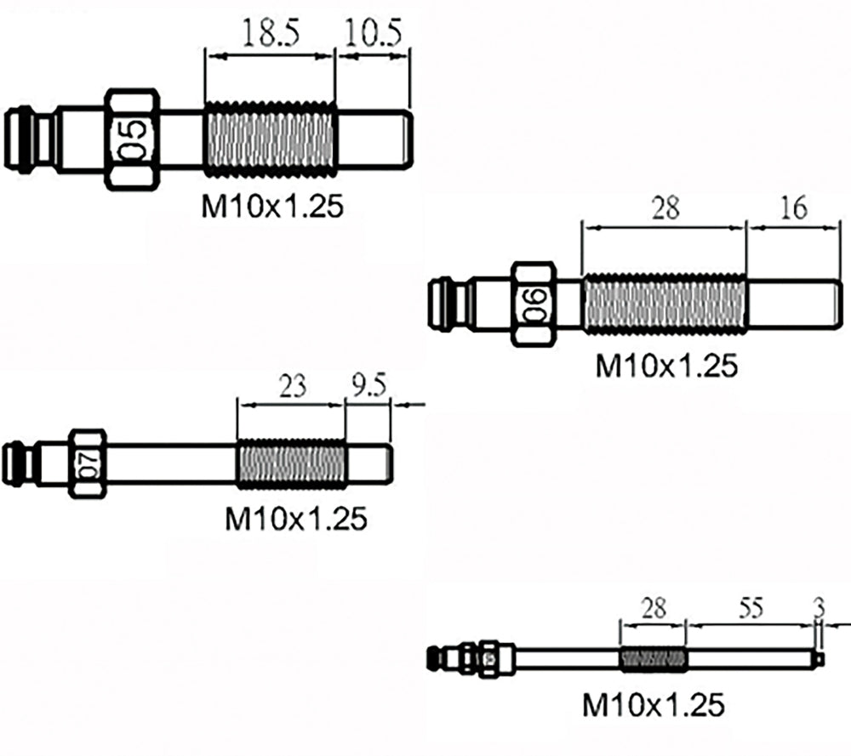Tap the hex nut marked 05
(x=132, y=139)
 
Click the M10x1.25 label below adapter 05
(x=272, y=207)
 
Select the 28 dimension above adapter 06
(x=665, y=207)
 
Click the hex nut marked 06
(x=534, y=304)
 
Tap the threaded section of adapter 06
(x=664, y=304)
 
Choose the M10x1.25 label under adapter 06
(x=665, y=367)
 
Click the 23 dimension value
(x=292, y=387)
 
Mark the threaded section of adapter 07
(x=291, y=463)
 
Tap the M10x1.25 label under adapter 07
(x=295, y=518)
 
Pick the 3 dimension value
(x=820, y=608)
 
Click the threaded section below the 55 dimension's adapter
(x=653, y=659)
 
